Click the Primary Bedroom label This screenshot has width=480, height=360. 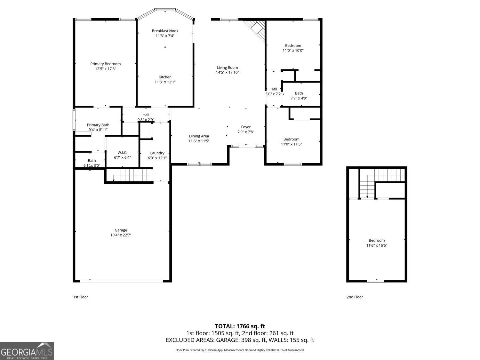[x=105, y=64]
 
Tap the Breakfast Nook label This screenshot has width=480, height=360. [x=165, y=31]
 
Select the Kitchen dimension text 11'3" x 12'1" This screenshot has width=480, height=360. [x=165, y=82]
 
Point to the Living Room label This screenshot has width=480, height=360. [x=227, y=68]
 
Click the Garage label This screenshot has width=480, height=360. [x=121, y=230]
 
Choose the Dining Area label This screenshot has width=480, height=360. [x=199, y=136]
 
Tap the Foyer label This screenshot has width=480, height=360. [x=246, y=127]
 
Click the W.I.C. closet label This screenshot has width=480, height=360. [x=122, y=153]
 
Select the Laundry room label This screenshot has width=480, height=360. [x=157, y=153]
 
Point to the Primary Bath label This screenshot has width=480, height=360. [x=98, y=125]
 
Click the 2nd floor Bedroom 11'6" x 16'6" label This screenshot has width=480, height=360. [x=377, y=241]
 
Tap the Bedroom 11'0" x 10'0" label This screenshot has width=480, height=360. [x=293, y=46]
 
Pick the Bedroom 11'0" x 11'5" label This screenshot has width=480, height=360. [x=291, y=139]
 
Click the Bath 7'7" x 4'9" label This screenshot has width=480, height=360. [x=299, y=93]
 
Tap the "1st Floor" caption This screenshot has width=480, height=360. [x=81, y=297]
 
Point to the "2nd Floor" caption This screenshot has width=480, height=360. [x=355, y=297]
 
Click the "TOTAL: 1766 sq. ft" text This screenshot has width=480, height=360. [x=240, y=326]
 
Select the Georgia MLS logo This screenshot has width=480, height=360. [x=27, y=351]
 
